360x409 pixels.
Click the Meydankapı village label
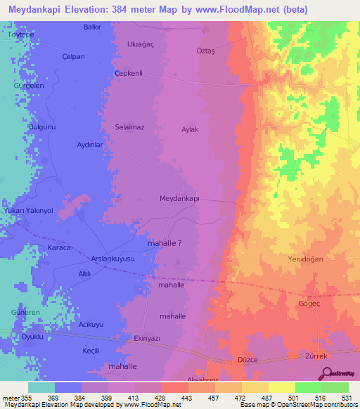(180, 199)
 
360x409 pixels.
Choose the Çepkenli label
(129, 73)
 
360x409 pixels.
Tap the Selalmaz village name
(129, 127)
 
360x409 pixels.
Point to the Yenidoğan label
(305, 259)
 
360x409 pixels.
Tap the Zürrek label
(318, 356)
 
